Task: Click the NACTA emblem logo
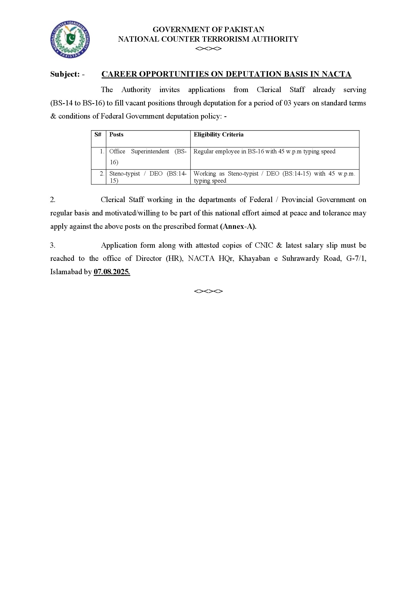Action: [x=70, y=40]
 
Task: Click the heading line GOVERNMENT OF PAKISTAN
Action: [x=208, y=30]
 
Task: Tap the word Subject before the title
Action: [x=65, y=74]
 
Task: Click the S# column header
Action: [x=98, y=135]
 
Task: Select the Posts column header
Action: [x=116, y=135]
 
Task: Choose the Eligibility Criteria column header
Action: [x=219, y=135]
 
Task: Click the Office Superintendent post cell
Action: [x=148, y=156]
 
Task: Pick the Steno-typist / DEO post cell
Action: [x=148, y=177]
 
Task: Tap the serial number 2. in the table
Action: [x=102, y=174]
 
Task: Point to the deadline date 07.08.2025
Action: [x=112, y=272]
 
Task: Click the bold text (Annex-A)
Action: [x=238, y=226]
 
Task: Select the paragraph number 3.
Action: [x=52, y=245]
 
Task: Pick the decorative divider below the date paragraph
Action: [x=208, y=291]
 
